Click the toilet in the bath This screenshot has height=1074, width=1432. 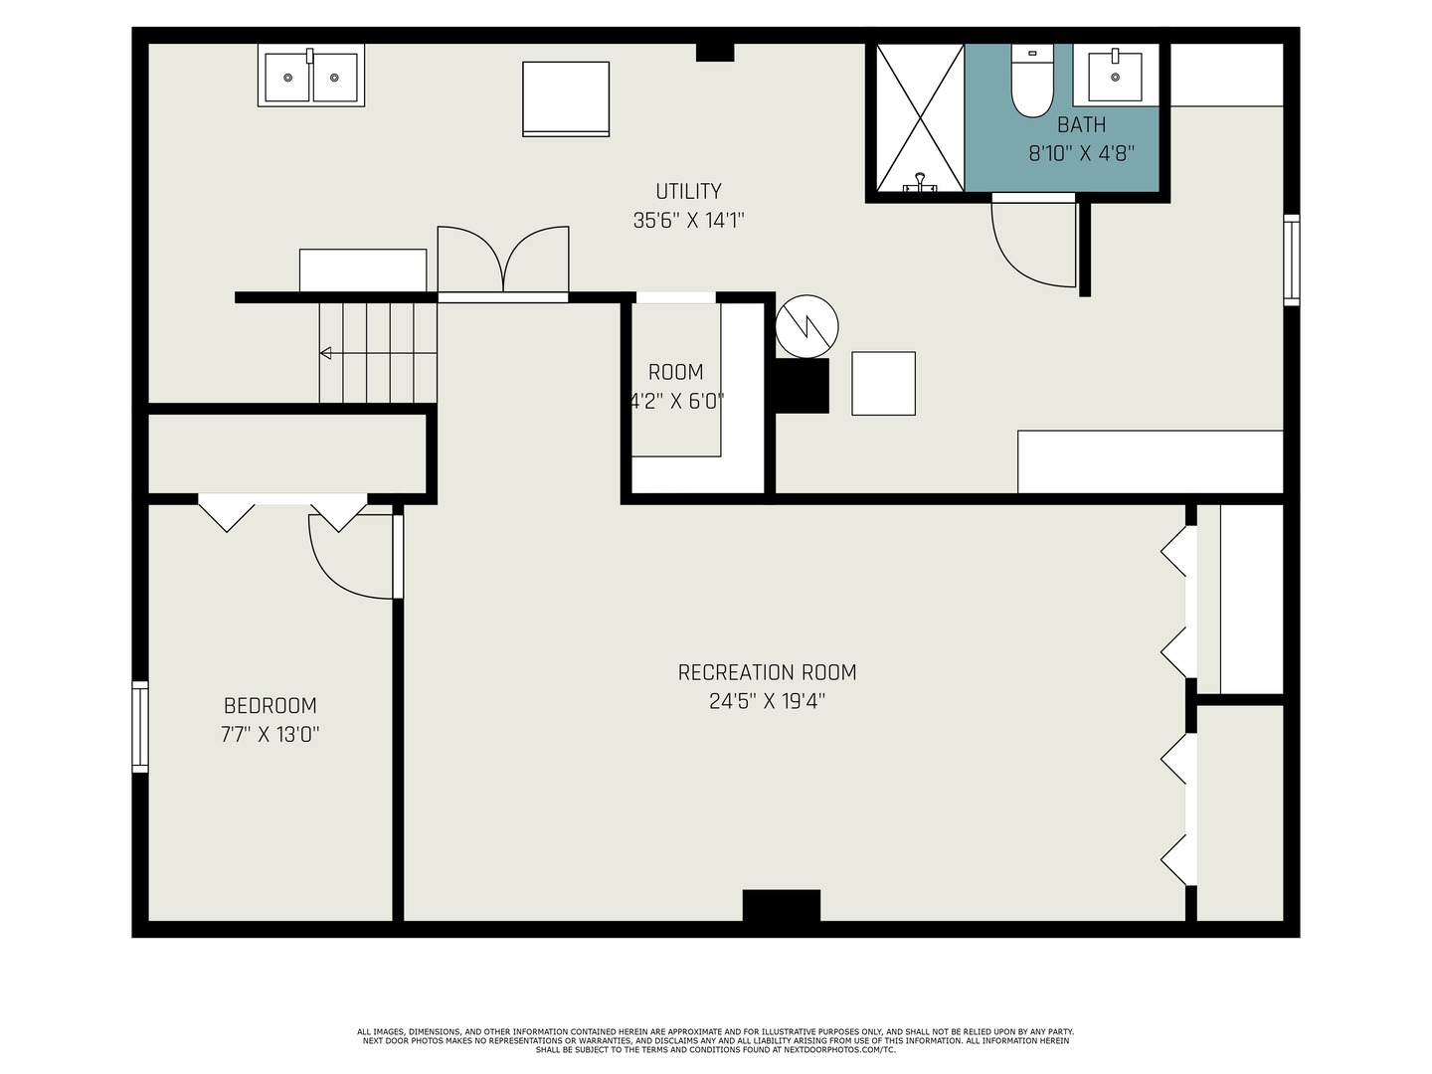(x=1032, y=81)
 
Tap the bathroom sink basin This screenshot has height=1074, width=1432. (x=1115, y=77)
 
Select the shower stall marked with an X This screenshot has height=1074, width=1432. (x=920, y=118)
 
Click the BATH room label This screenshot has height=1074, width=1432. (x=1081, y=124)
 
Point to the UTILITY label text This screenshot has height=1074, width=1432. (x=688, y=192)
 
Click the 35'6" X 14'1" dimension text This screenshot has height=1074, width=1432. (x=688, y=221)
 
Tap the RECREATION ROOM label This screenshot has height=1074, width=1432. (x=767, y=672)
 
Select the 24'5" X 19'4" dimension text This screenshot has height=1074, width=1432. (x=767, y=702)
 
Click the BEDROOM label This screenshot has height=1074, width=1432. (x=270, y=706)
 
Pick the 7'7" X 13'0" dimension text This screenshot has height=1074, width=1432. (x=270, y=735)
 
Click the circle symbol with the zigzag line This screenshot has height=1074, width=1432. (x=806, y=326)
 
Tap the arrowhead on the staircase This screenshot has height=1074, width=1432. (x=325, y=353)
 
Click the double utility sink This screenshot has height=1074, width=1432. (x=311, y=76)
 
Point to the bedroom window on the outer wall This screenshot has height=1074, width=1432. (x=140, y=727)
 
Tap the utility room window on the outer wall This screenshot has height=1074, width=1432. (x=1292, y=260)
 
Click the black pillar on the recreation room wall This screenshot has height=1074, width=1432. (x=781, y=905)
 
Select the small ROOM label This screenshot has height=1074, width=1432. (x=676, y=372)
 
